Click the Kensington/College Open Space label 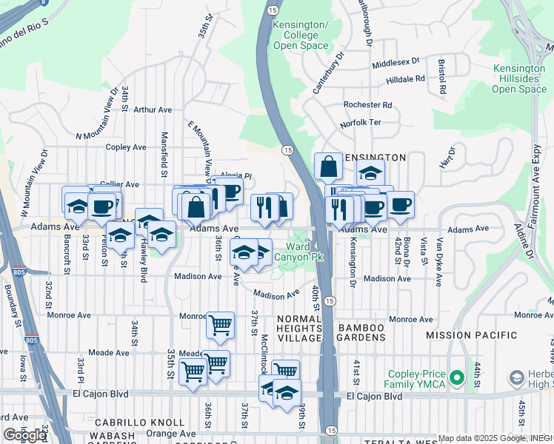tap(300, 35)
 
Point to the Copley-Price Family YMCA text tap(417, 378)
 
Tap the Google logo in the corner tap(24, 435)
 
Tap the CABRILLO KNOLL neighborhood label tap(139, 422)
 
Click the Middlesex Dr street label tap(396, 63)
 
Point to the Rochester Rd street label tap(367, 105)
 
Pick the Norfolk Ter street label tap(360, 123)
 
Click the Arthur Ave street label tap(153, 110)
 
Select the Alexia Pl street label tap(238, 177)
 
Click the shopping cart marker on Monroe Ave tap(220, 324)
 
